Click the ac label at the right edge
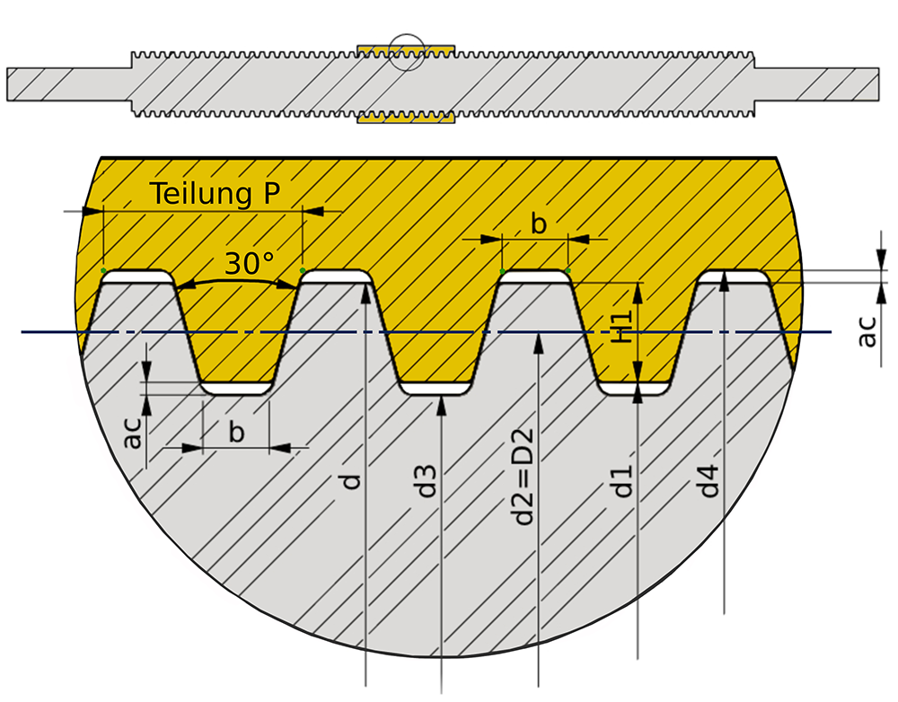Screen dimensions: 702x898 867,329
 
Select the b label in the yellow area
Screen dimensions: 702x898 538,224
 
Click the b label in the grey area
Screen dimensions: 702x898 236,432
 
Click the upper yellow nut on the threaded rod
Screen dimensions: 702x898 406,46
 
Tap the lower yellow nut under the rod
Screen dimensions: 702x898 406,118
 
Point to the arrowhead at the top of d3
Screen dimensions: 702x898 441,401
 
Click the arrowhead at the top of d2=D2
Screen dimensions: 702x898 537,339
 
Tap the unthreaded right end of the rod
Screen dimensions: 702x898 817,83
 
